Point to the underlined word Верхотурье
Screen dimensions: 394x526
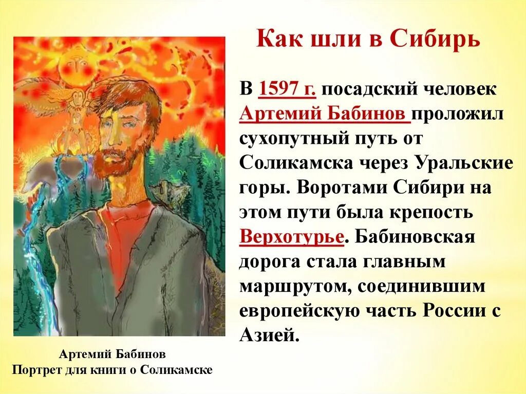291,238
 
